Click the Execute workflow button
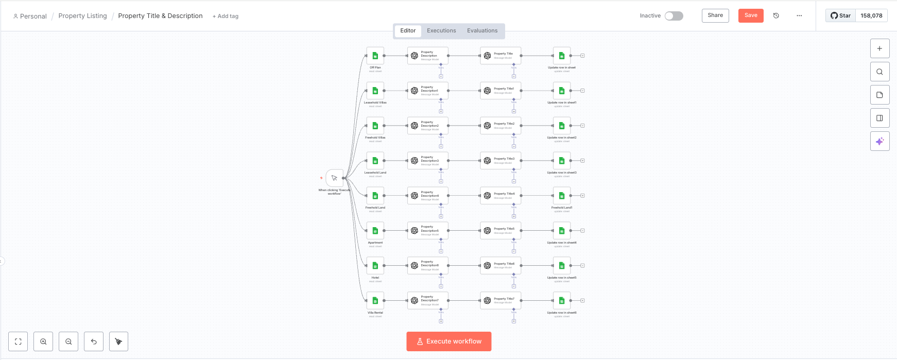(x=449, y=341)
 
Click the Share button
(x=715, y=15)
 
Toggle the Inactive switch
(x=674, y=16)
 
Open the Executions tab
(x=441, y=31)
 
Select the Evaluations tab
(x=482, y=31)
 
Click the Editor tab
(x=408, y=31)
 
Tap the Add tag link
(x=226, y=16)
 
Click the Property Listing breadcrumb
(x=82, y=16)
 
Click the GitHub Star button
(x=841, y=15)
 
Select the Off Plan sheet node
(x=375, y=56)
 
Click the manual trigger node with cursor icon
(x=335, y=178)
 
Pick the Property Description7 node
(x=427, y=301)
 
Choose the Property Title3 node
(x=501, y=161)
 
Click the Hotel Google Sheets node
(x=375, y=266)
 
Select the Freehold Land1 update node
(x=562, y=196)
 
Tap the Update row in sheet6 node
(x=562, y=301)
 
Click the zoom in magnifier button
(x=43, y=341)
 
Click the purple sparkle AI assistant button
(x=879, y=141)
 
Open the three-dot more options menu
(x=799, y=15)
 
